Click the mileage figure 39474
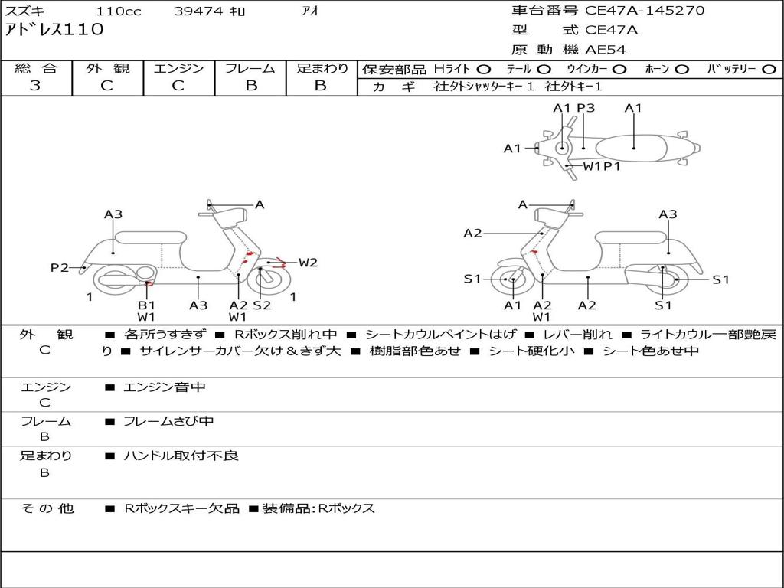[x=198, y=11]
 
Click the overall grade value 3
[x=35, y=86]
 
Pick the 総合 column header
[x=36, y=69]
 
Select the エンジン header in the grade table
[x=178, y=69]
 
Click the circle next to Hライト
[x=484, y=70]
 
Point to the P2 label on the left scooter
[x=60, y=268]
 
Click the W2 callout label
[x=308, y=263]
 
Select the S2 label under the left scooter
[x=262, y=305]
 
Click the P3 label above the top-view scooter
[x=586, y=108]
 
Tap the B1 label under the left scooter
[x=146, y=305]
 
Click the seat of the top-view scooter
[x=634, y=147]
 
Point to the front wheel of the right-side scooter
[x=511, y=280]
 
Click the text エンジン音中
[x=165, y=387]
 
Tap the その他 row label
[x=47, y=508]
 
